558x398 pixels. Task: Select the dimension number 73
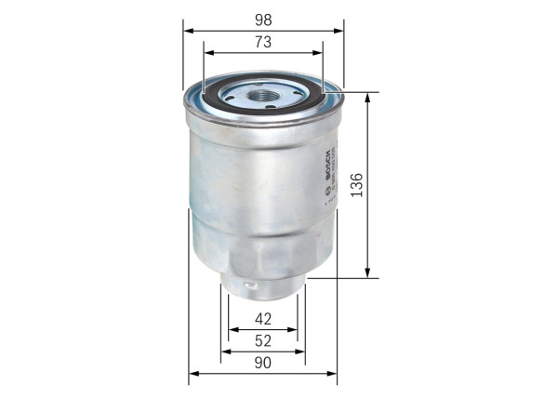(263, 41)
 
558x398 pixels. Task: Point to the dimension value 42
(263, 319)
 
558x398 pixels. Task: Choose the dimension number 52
(263, 341)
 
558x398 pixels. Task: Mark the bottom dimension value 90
(263, 364)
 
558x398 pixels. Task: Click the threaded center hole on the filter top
(263, 93)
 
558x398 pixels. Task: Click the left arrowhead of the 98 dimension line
(187, 31)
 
